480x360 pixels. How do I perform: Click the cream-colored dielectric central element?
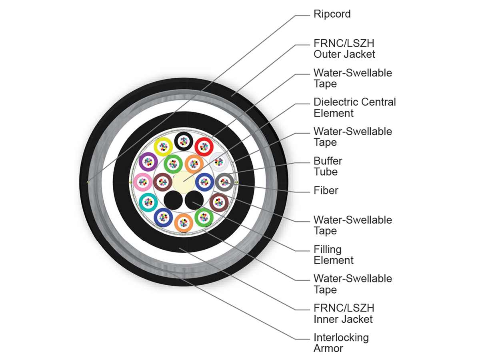[x=184, y=182]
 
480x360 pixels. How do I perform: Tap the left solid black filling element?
[x=173, y=200]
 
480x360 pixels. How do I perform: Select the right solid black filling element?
[x=194, y=200]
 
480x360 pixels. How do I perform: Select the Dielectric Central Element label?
[x=355, y=107]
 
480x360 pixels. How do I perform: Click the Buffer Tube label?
[x=328, y=166]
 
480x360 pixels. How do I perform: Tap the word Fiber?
[x=326, y=190]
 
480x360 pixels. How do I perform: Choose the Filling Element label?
[x=334, y=255]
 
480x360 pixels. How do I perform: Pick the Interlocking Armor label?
[x=341, y=343]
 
